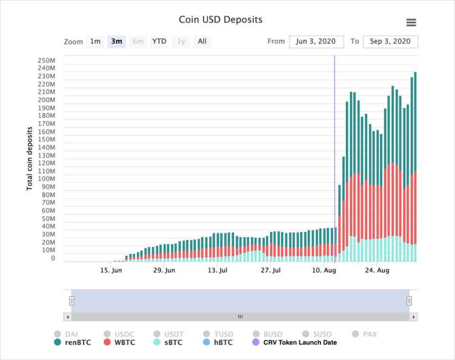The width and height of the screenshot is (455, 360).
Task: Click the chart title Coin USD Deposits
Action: tap(220, 20)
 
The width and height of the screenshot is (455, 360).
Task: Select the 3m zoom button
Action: tap(116, 42)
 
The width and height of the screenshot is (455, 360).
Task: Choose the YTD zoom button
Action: tap(159, 42)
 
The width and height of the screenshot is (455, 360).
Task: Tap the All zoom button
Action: tap(202, 42)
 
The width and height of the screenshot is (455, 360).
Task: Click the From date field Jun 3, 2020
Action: tap(316, 42)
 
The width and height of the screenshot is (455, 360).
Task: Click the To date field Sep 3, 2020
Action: tap(390, 42)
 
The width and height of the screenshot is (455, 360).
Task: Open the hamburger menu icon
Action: tap(411, 22)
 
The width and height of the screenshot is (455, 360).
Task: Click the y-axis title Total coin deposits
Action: tap(29, 158)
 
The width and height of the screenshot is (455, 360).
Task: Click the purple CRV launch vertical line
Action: tap(335, 142)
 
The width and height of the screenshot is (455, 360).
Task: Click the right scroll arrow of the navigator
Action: tap(413, 317)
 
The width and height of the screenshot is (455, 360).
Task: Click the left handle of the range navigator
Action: tap(72, 301)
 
